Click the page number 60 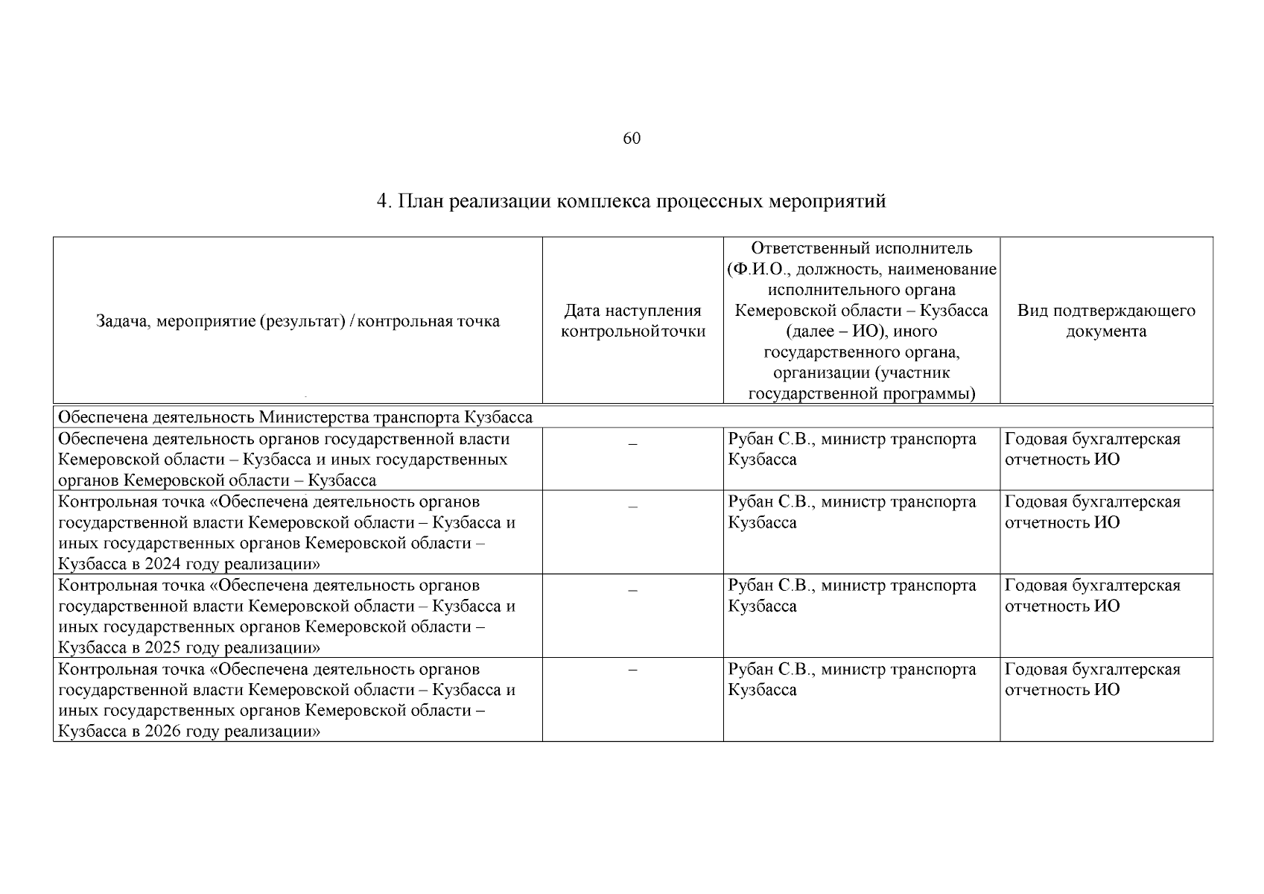(631, 139)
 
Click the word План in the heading (421, 201)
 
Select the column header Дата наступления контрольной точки (632, 321)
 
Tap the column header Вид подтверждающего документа (1106, 321)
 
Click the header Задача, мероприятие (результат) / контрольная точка (298, 321)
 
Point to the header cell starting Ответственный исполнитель (861, 321)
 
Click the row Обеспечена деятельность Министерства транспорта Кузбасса (295, 417)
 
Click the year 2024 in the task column (163, 564)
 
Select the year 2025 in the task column (163, 647)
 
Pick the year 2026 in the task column (163, 732)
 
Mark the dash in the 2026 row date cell (632, 670)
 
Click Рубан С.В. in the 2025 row (772, 586)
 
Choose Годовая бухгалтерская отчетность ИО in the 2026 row (1092, 679)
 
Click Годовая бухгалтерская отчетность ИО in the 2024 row (1092, 512)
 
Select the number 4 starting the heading (382, 201)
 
